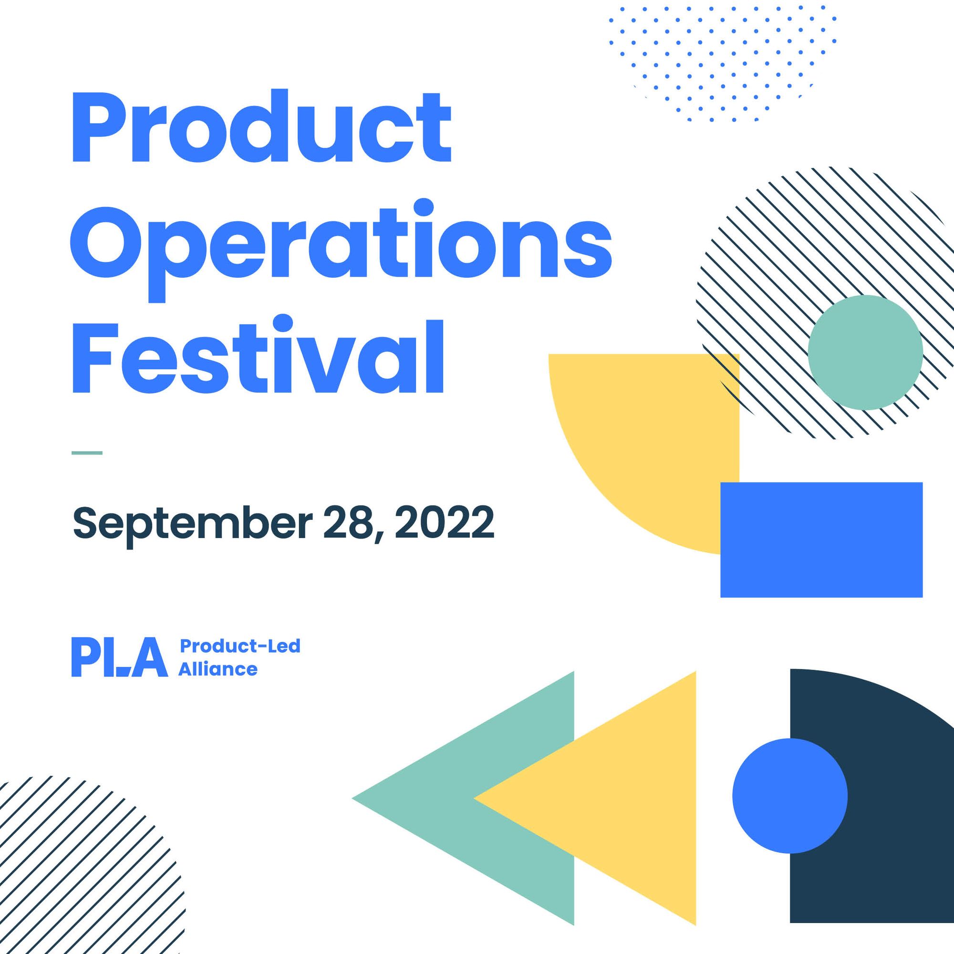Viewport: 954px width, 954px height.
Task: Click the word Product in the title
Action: coord(262,126)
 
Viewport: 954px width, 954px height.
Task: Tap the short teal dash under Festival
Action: coord(87,453)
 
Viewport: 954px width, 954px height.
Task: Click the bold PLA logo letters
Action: coord(120,657)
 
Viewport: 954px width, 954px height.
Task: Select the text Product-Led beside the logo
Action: coord(240,646)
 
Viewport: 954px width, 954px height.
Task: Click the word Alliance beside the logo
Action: coord(218,670)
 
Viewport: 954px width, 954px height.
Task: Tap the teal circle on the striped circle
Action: coord(866,353)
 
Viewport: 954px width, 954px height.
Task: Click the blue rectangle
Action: coord(822,539)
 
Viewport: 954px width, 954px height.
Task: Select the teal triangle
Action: coord(474,798)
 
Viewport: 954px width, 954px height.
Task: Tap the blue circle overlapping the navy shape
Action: coord(789,796)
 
